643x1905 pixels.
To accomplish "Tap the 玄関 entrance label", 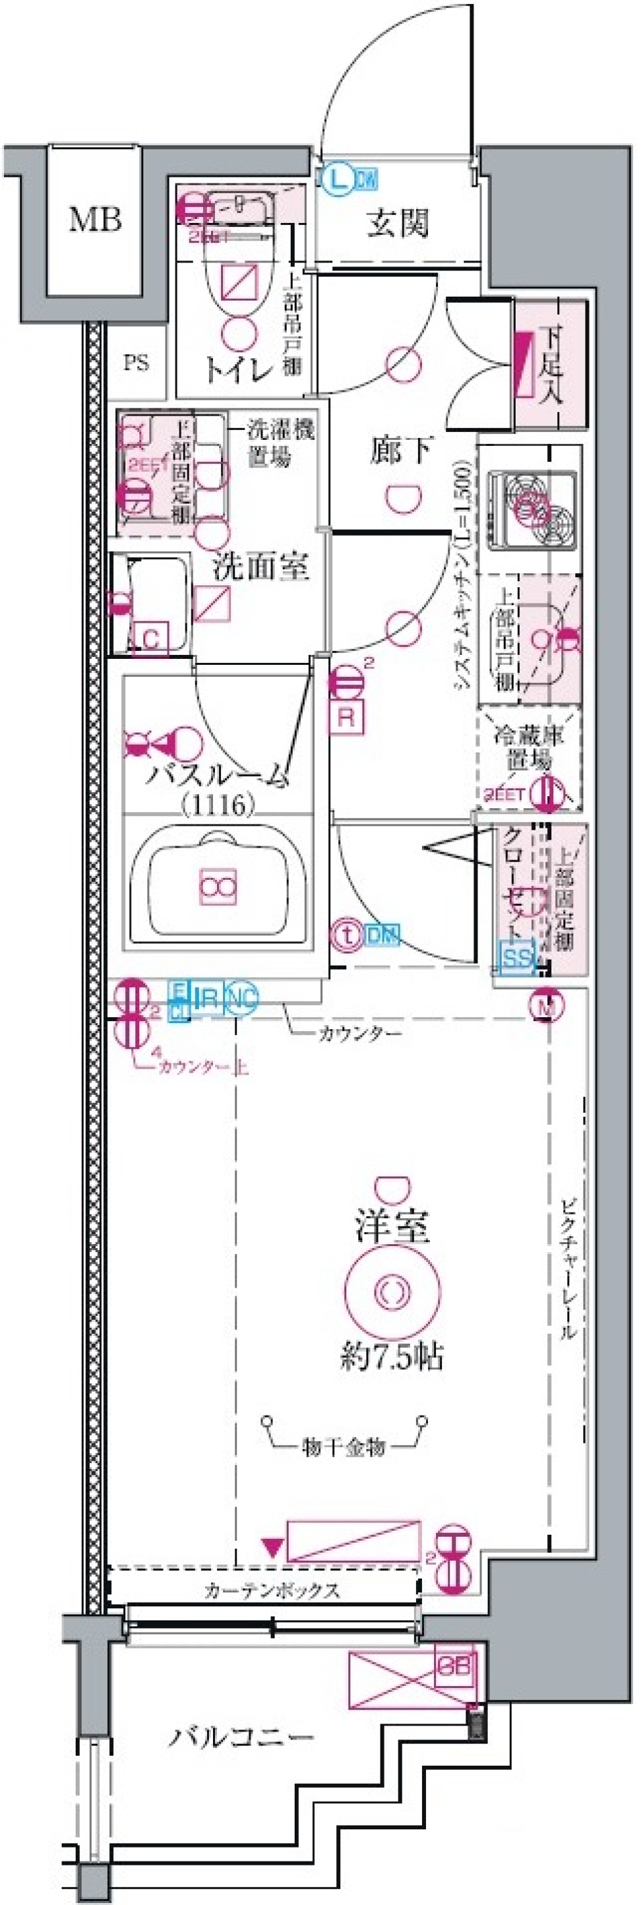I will point(398,222).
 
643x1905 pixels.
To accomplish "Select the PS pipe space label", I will point(135,362).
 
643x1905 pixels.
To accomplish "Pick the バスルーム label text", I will point(217,776).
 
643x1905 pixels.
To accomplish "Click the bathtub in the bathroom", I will point(218,885).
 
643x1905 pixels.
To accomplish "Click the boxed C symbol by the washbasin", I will point(151,638).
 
